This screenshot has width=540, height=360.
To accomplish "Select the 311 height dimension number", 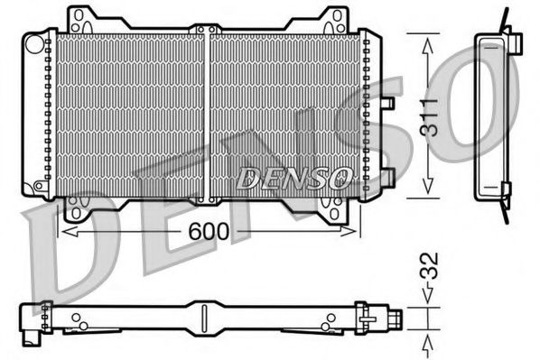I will coord(431,115).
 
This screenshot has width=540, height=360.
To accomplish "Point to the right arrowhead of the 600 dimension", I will coord(355,232).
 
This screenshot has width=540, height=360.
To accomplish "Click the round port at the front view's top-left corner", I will coord(33,42).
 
